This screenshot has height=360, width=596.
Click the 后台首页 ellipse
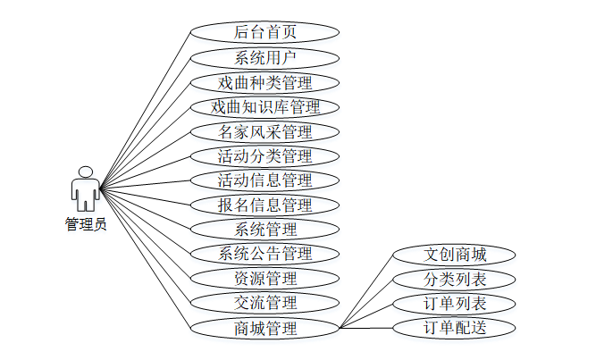click(x=265, y=33)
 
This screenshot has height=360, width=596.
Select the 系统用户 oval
click(x=265, y=58)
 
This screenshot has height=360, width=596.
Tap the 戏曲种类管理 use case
click(x=265, y=83)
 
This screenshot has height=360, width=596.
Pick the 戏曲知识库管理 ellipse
click(x=265, y=108)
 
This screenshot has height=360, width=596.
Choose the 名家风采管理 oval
click(x=265, y=132)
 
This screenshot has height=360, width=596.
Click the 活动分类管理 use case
click(x=265, y=157)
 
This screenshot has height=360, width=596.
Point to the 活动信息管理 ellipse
click(x=265, y=181)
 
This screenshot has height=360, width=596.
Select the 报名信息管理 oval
click(x=265, y=205)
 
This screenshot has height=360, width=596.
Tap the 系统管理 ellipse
click(x=265, y=230)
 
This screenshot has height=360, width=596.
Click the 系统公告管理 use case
click(x=265, y=254)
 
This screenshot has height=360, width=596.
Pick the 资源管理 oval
click(x=265, y=279)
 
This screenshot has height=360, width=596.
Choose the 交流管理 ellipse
click(x=265, y=303)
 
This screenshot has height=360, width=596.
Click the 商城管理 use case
click(x=265, y=328)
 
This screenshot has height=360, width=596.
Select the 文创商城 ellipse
click(x=456, y=255)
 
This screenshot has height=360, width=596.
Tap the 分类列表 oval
click(x=456, y=279)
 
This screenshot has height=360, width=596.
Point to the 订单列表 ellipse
click(x=456, y=303)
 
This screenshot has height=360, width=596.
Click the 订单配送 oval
click(x=456, y=328)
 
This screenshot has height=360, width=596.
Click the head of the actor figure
click(x=86, y=172)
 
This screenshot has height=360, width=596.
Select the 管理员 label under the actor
click(x=86, y=224)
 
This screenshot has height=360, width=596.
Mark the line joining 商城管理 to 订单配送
click(x=366, y=328)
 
